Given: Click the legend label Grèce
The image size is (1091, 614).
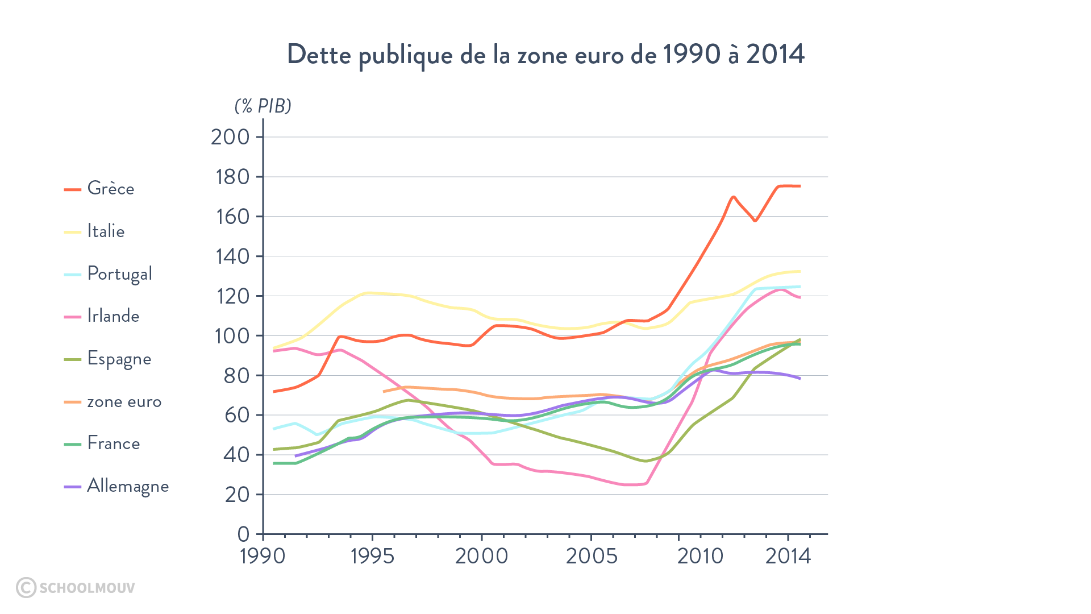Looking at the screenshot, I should click(x=111, y=188).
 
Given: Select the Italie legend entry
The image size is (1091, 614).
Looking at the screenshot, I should click(x=106, y=231).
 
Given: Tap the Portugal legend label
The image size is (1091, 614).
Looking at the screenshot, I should click(x=119, y=273).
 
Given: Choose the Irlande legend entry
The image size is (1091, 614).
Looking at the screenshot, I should click(x=113, y=316).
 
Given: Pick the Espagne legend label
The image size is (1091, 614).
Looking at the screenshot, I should click(x=119, y=359).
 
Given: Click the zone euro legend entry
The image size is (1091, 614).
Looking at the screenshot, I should click(x=124, y=401).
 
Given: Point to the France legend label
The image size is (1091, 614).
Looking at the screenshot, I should click(x=114, y=443).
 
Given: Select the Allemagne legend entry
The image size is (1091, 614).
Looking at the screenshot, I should click(x=128, y=486).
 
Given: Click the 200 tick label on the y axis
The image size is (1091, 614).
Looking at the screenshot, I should click(x=230, y=137).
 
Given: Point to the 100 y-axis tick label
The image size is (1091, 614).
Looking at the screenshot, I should click(x=231, y=335).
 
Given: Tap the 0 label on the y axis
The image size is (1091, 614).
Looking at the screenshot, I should click(x=243, y=534).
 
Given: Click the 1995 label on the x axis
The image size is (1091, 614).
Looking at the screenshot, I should click(x=372, y=556).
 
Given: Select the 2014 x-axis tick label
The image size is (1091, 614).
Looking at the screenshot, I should click(x=788, y=556).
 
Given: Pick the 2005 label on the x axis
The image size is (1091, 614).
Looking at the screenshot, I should click(x=591, y=556).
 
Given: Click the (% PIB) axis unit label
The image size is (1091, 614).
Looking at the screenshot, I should click(x=263, y=106).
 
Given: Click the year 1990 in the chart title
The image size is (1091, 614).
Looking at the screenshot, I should click(x=691, y=55).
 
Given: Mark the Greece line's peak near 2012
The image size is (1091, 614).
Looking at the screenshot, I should click(x=733, y=197).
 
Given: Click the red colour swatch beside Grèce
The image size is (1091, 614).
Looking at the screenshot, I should click(x=73, y=189).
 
